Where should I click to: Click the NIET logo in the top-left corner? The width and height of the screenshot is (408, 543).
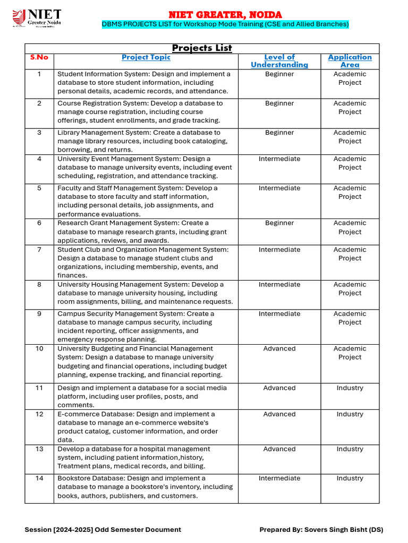(x=37, y=17)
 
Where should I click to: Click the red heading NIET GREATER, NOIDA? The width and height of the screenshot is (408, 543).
(x=225, y=14)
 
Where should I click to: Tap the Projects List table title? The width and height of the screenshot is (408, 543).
(x=202, y=48)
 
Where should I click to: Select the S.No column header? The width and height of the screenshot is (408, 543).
(x=39, y=57)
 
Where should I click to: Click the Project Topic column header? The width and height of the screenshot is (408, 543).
(x=146, y=57)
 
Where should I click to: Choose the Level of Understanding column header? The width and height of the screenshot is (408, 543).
(x=279, y=61)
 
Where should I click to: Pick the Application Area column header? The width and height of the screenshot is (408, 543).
(x=350, y=61)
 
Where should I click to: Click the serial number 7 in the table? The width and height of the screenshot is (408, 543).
(x=39, y=250)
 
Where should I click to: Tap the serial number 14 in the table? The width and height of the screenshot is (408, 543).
(x=39, y=478)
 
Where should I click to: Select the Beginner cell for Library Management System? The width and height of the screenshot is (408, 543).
(x=279, y=133)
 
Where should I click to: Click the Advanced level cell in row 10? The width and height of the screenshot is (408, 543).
(x=279, y=349)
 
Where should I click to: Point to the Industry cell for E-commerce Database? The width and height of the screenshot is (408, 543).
(x=350, y=415)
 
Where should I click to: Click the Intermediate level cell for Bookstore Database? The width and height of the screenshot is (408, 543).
(x=279, y=478)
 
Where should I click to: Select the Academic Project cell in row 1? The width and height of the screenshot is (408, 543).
(x=350, y=78)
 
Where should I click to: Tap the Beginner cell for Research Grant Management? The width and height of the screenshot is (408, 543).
(x=279, y=223)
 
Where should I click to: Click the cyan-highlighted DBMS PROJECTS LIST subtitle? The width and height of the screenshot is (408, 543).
(x=225, y=24)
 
